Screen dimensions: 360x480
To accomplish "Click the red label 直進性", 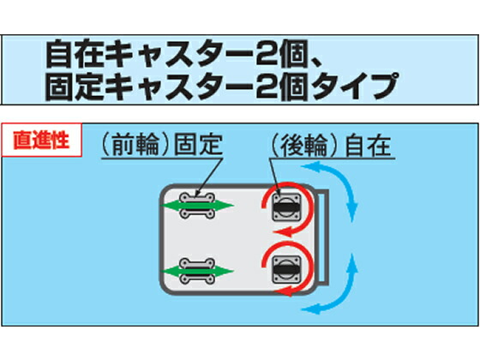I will (40, 136).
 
